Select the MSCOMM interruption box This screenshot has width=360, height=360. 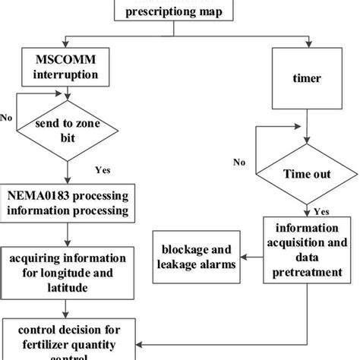(68, 66)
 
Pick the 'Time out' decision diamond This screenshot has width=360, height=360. (306, 174)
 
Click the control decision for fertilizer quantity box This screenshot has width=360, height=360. (68, 338)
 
